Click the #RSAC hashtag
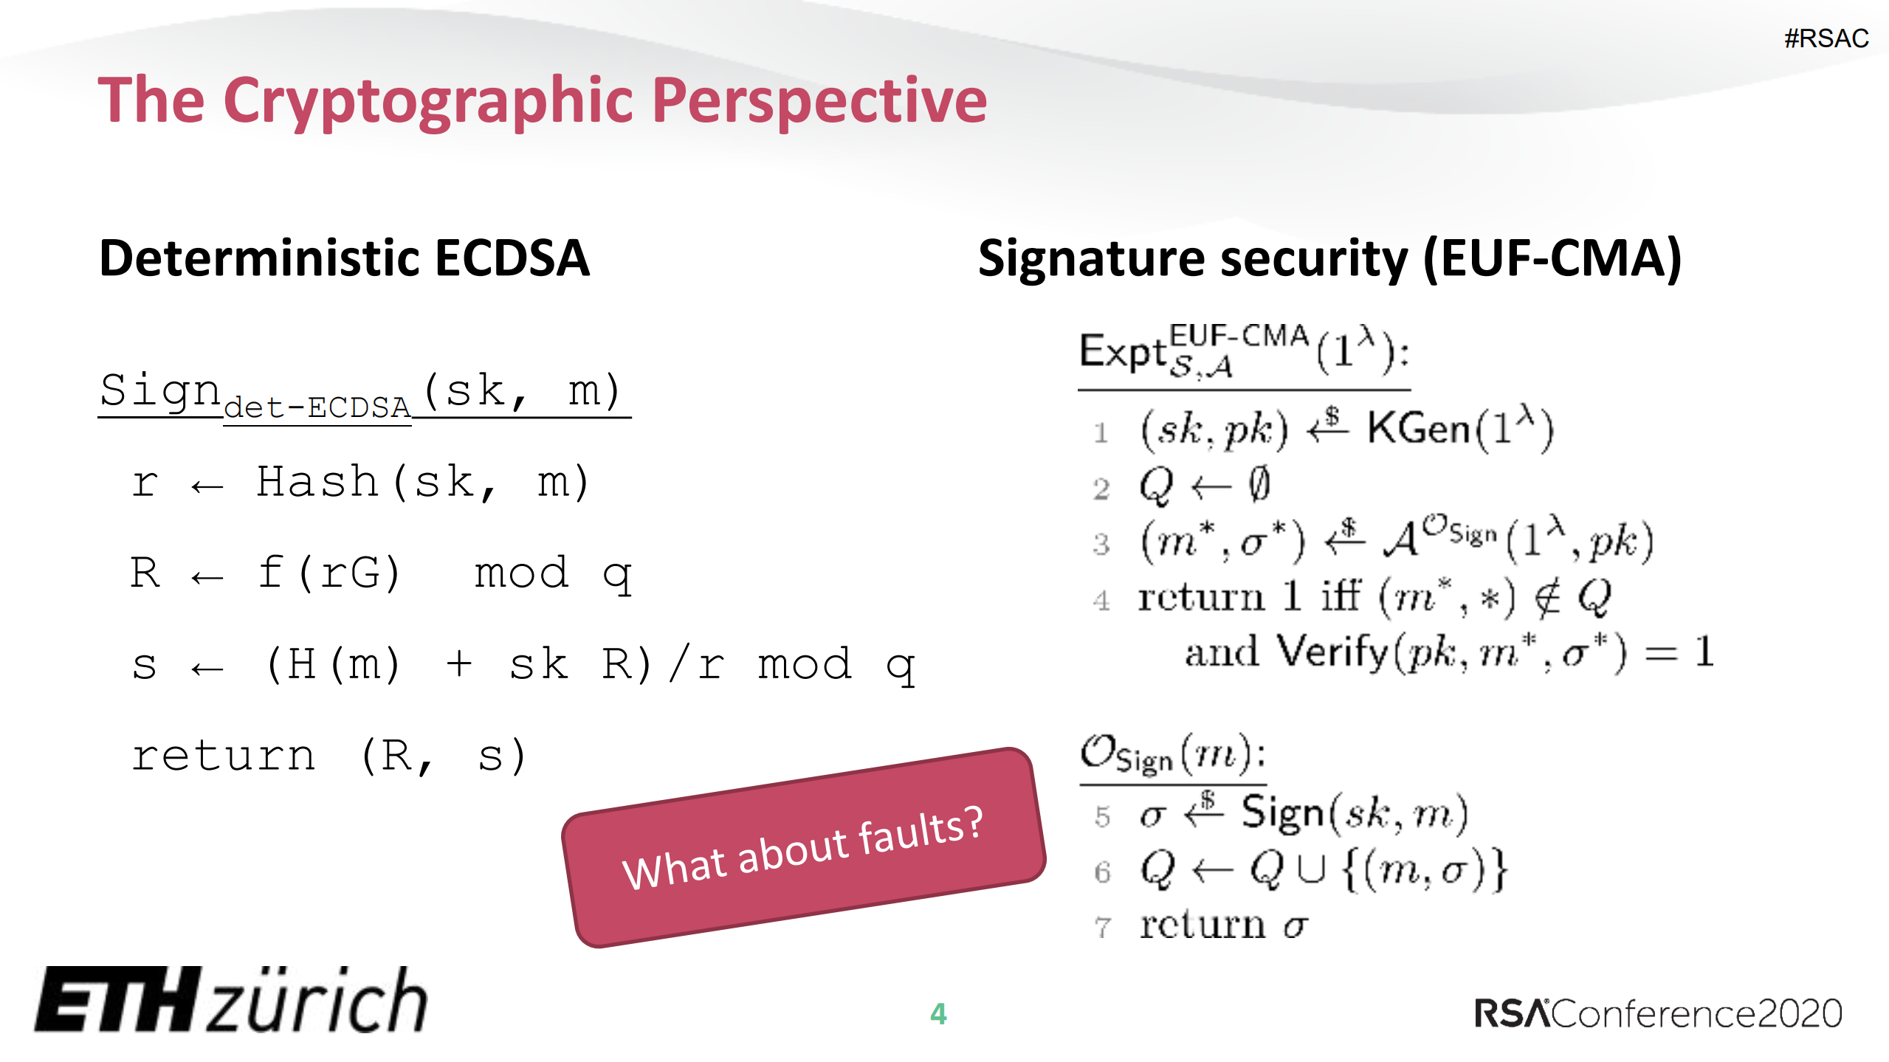[1826, 38]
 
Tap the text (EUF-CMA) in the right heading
[1552, 259]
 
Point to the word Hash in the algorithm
[317, 483]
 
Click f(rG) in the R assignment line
[329, 573]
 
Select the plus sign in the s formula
[459, 663]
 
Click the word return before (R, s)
[224, 756]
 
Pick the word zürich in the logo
[317, 1000]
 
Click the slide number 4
[938, 1014]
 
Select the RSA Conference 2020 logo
[1658, 1013]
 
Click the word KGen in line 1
[1417, 429]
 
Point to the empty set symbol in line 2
[1259, 485]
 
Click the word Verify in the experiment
[1332, 652]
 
